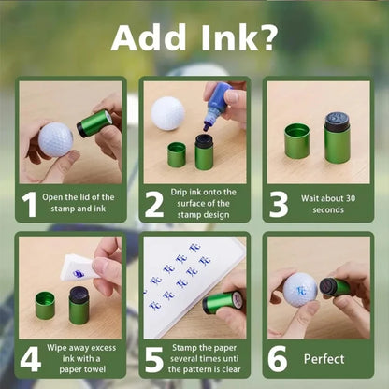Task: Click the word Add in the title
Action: [149, 37]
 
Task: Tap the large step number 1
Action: [29, 205]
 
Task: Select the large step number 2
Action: [154, 205]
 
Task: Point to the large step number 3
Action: [279, 205]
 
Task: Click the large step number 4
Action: [30, 359]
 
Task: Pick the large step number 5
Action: [154, 359]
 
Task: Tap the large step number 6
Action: [278, 359]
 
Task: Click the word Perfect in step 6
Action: [324, 359]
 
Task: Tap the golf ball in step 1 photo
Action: [56, 139]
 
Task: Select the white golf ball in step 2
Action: [168, 113]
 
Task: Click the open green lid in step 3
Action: [297, 141]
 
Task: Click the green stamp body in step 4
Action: [79, 310]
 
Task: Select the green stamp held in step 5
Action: [222, 302]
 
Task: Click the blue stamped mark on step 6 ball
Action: [301, 291]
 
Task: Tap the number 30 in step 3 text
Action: [351, 198]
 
